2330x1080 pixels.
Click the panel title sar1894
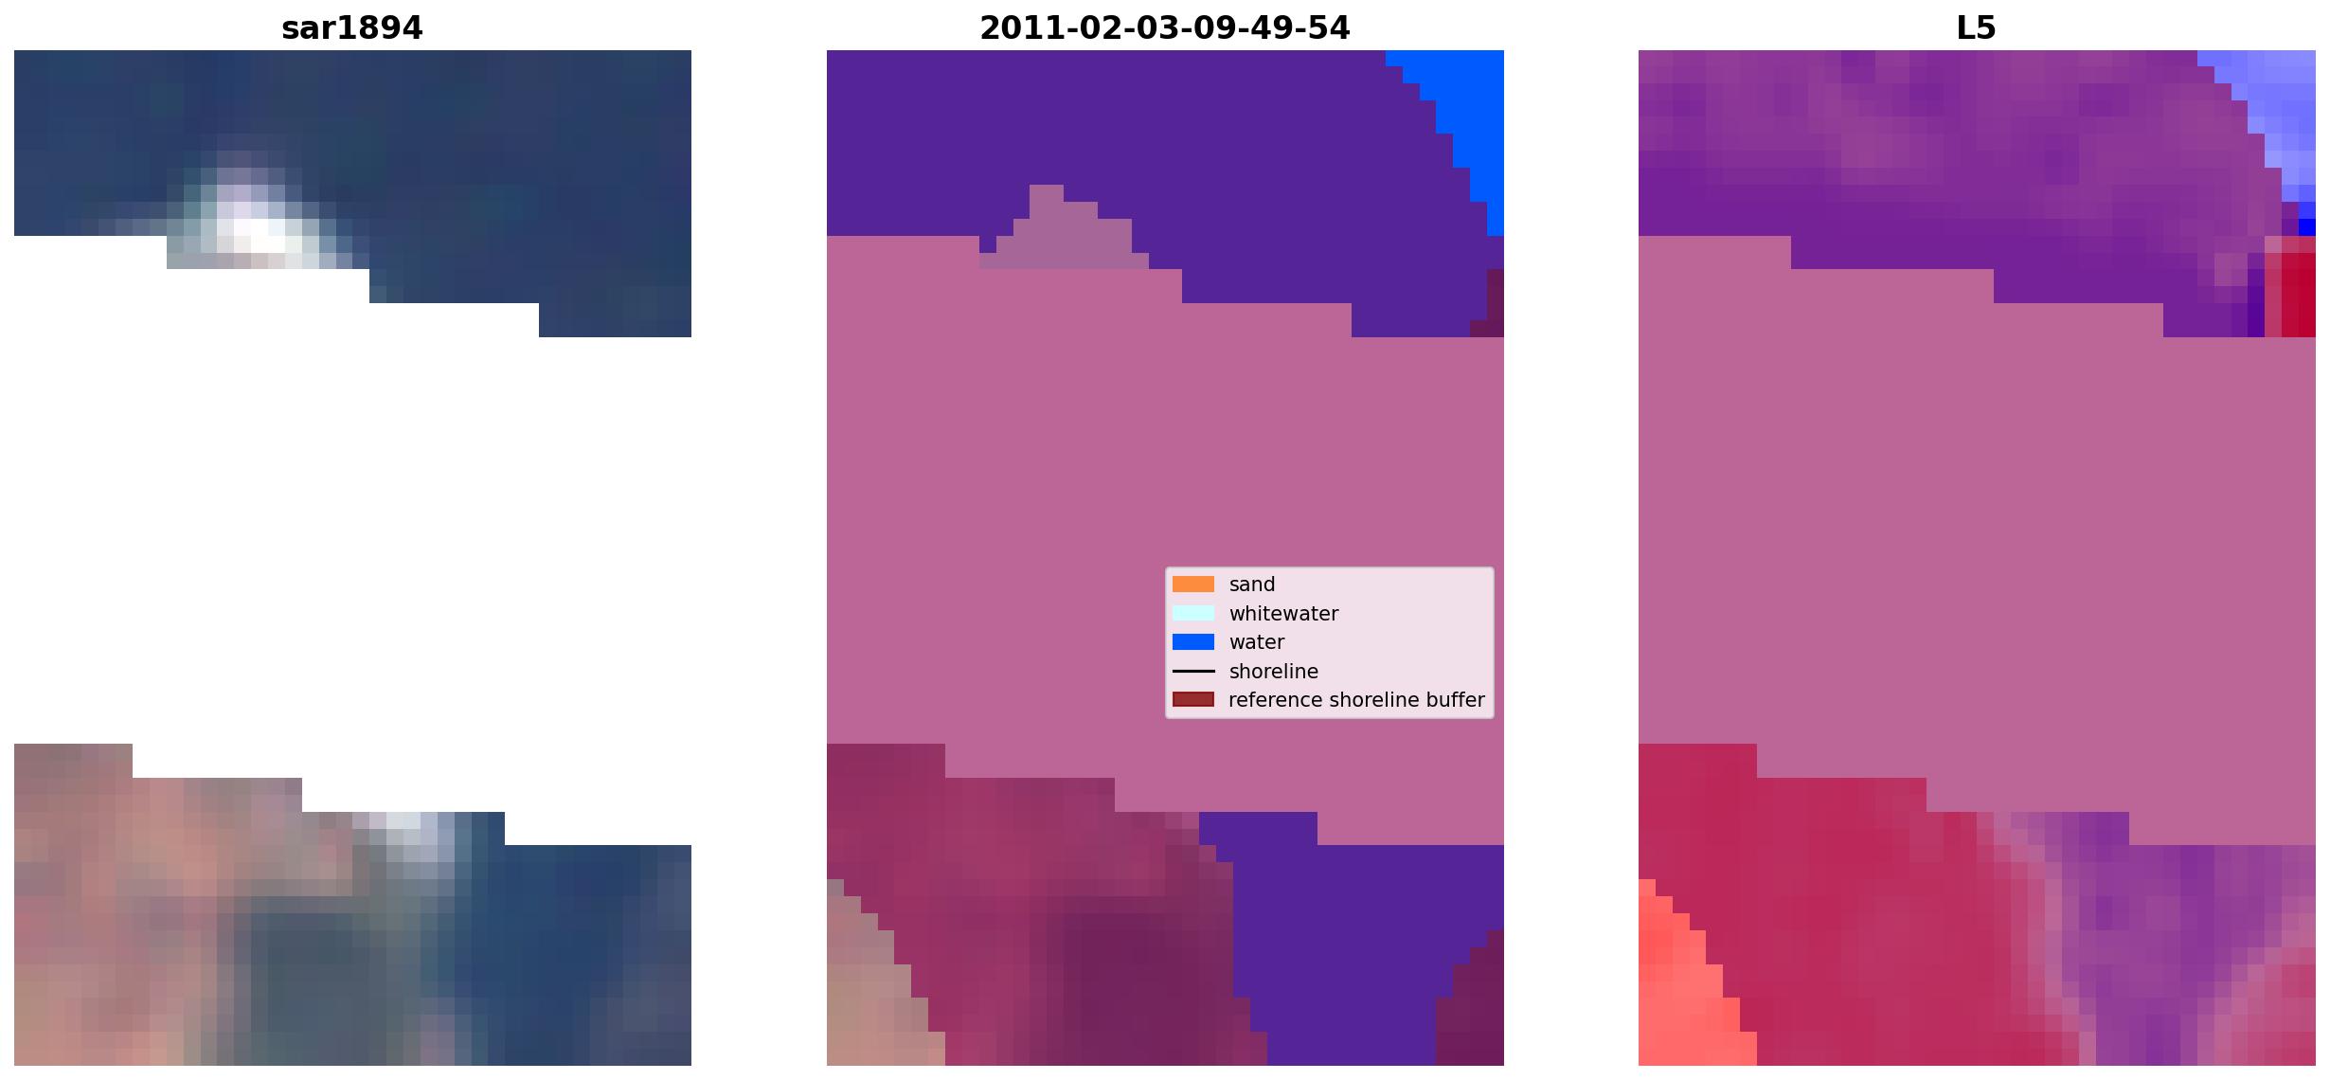(x=352, y=28)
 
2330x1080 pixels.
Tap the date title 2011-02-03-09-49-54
(x=1165, y=28)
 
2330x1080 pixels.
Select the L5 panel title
(x=1977, y=28)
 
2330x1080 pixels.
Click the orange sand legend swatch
(x=1193, y=585)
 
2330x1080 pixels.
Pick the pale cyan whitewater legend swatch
(x=1193, y=613)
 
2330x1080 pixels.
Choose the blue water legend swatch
(x=1193, y=642)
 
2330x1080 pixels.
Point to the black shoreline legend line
(x=1193, y=672)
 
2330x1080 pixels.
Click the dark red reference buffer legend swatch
(x=1193, y=700)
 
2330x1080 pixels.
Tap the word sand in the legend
(x=1252, y=585)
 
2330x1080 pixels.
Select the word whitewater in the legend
(x=1283, y=614)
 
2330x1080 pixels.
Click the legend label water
(x=1257, y=642)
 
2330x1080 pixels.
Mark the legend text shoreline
(x=1273, y=672)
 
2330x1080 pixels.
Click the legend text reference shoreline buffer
(x=1356, y=700)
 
